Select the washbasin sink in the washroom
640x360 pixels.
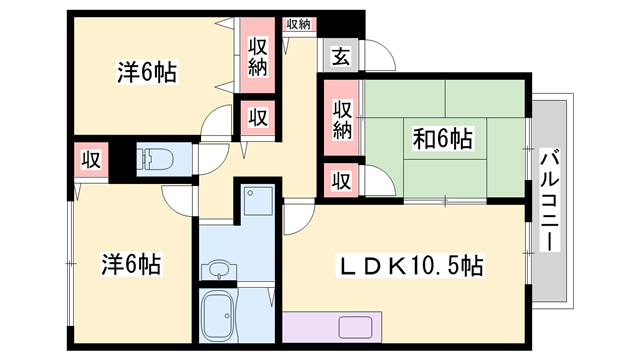pyautogui.click(x=219, y=270)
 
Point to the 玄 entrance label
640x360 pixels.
pyautogui.click(x=340, y=56)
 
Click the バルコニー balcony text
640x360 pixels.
pyautogui.click(x=550, y=201)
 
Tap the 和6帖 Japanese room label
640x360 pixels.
pyautogui.click(x=443, y=138)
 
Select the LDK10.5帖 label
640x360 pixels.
pyautogui.click(x=410, y=266)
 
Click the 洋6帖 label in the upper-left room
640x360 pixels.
pyautogui.click(x=147, y=72)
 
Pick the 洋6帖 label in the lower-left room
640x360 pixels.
pyautogui.click(x=131, y=264)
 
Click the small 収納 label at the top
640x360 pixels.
pyautogui.click(x=298, y=24)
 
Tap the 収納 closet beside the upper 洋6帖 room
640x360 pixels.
pyautogui.click(x=258, y=56)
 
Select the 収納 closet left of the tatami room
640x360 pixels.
pyautogui.click(x=342, y=119)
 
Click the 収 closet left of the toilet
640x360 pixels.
pyautogui.click(x=91, y=160)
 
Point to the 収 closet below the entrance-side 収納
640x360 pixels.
pyautogui.click(x=341, y=180)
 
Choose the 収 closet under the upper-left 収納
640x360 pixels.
pyautogui.click(x=258, y=118)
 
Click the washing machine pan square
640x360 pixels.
pyautogui.click(x=258, y=201)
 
